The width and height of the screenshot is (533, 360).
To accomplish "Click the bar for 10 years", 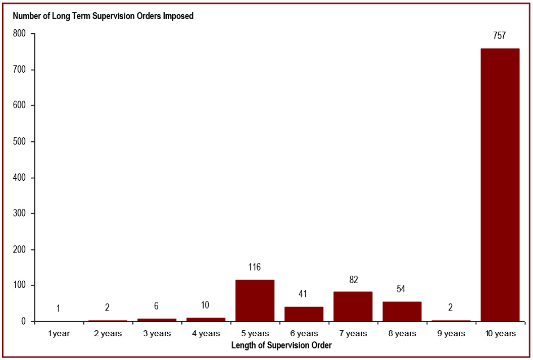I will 500,185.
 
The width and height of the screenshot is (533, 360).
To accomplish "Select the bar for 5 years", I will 255,300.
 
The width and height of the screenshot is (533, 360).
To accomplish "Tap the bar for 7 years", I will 353,306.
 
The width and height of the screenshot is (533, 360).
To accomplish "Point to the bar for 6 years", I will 304,314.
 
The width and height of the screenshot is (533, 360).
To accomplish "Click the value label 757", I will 499,36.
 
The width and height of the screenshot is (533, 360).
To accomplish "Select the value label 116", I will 255,267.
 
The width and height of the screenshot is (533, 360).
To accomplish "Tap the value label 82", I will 353,279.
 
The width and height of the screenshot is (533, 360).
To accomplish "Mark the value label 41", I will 303,294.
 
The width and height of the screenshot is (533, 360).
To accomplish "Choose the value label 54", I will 401,289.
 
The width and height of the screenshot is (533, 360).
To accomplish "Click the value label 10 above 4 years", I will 205,305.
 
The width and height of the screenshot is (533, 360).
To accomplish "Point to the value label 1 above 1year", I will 58,308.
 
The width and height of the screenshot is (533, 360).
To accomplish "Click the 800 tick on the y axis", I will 20,34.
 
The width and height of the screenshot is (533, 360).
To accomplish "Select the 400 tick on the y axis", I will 20,178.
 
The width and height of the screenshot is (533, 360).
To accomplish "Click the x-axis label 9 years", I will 451,333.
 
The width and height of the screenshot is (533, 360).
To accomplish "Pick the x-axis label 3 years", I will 157,333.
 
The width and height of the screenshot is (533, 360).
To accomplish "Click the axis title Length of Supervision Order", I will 281,345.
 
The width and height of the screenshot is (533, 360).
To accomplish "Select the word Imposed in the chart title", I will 177,16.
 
